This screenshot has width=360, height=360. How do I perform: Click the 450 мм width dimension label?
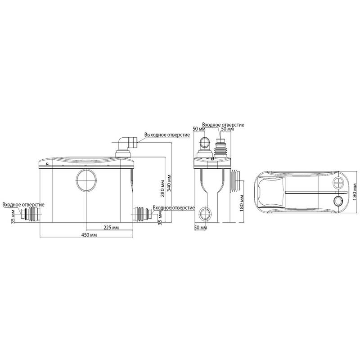pyautogui.click(x=89, y=235)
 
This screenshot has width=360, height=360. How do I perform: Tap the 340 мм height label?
pyautogui.click(x=169, y=183)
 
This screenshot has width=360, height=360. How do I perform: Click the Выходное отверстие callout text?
pyautogui.click(x=167, y=135)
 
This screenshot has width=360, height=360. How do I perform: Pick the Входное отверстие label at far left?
pyautogui.click(x=23, y=205)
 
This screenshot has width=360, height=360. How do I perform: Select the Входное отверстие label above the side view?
pyautogui.click(x=223, y=125)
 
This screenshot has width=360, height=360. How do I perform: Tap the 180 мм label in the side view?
pyautogui.click(x=242, y=203)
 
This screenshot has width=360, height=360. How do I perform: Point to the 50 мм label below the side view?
pyautogui.click(x=201, y=228)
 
